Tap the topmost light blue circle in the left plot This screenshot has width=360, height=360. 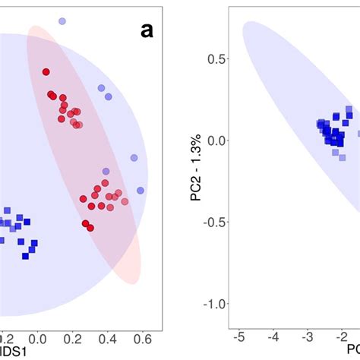pyautogui.click(x=62, y=21)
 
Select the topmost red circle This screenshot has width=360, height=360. pyautogui.click(x=46, y=72)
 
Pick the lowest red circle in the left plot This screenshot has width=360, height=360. pyautogui.click(x=90, y=227)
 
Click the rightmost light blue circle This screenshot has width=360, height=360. pyautogui.click(x=141, y=190)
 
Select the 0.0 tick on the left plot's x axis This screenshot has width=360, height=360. pyautogui.click(x=35, y=338)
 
